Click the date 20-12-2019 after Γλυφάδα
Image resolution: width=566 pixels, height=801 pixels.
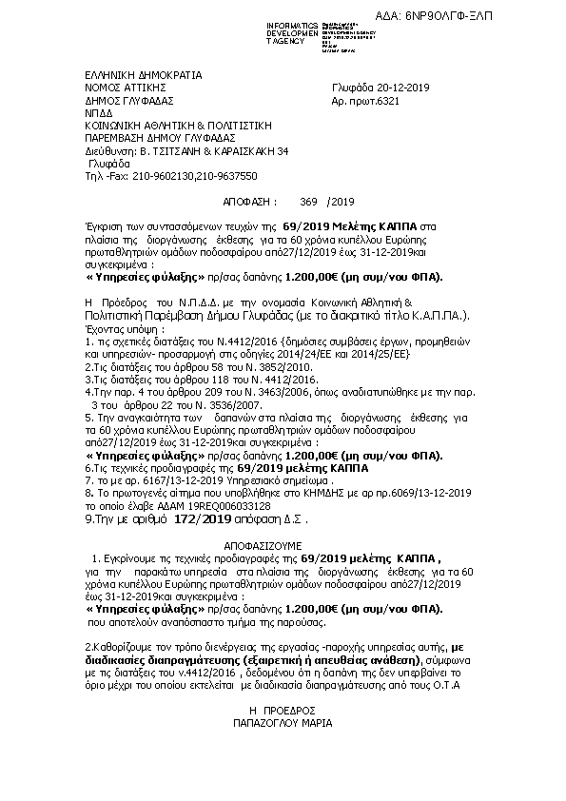400,88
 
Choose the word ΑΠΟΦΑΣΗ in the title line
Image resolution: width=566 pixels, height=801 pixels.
250,202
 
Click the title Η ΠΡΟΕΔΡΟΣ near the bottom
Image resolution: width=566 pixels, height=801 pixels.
282,709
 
